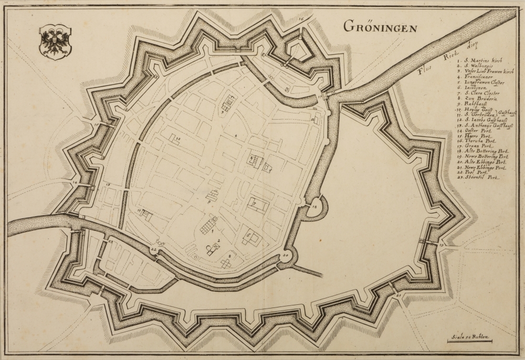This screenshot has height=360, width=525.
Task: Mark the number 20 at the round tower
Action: tap(286, 256)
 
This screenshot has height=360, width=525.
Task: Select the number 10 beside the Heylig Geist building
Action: tap(178, 139)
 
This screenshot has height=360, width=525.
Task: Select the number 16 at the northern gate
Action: tap(301, 19)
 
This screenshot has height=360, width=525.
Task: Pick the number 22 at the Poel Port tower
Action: tap(153, 249)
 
